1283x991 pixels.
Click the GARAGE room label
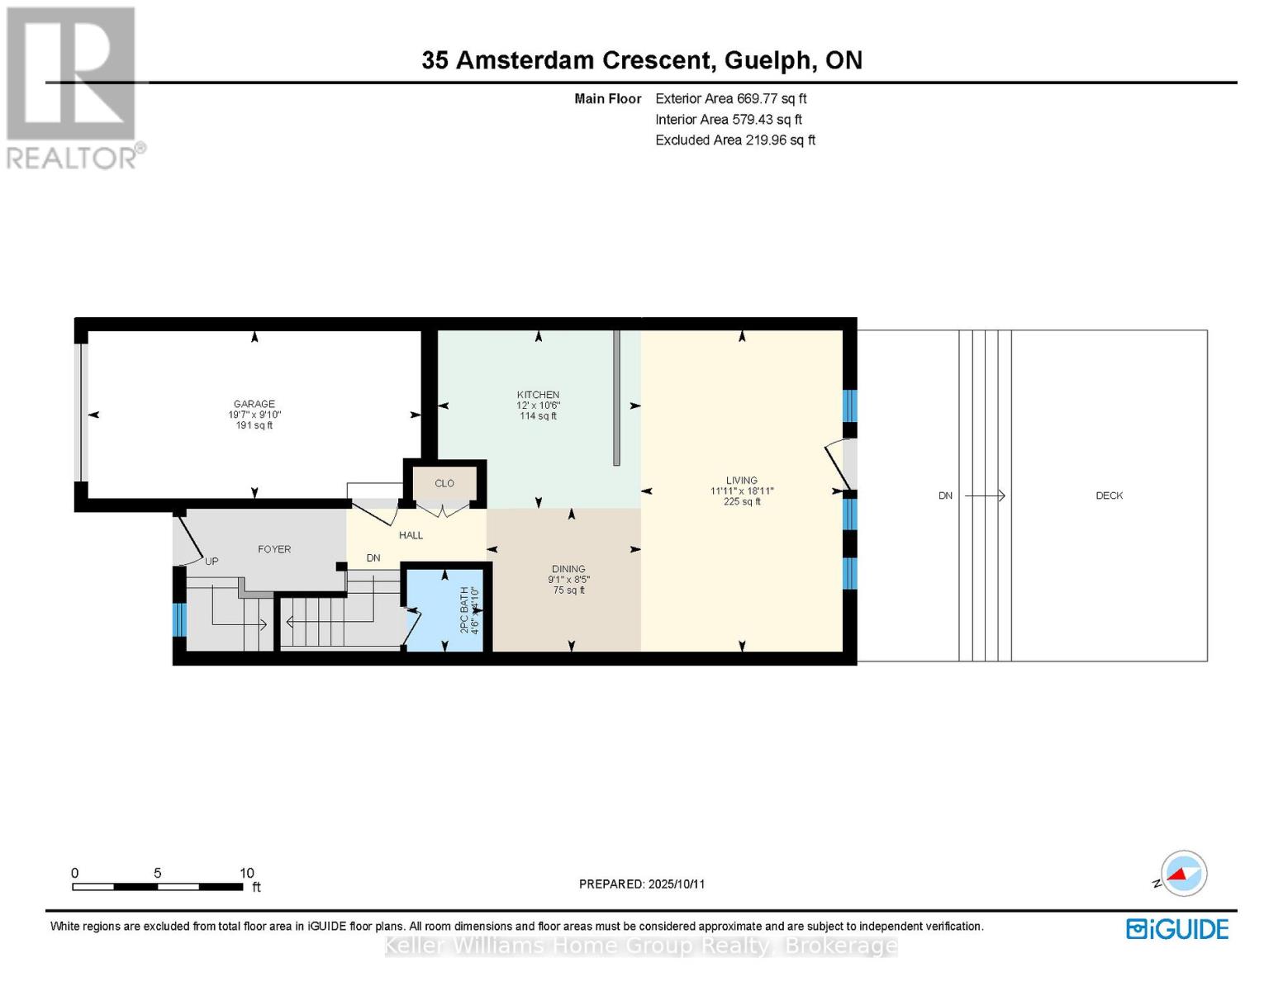click(x=254, y=405)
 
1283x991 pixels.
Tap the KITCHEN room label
click(x=538, y=395)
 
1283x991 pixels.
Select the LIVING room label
click(x=741, y=481)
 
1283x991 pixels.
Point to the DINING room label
click(x=568, y=569)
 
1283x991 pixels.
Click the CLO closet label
click(x=444, y=483)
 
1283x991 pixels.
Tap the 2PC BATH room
click(x=447, y=611)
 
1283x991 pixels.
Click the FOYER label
click(x=274, y=549)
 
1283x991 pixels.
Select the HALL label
click(x=411, y=535)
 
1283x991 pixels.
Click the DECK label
click(x=1109, y=495)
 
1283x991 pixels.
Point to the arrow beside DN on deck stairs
click(x=985, y=495)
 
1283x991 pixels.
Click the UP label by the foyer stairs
click(x=211, y=562)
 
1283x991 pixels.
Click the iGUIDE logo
click(x=1177, y=929)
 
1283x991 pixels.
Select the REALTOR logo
click(x=73, y=87)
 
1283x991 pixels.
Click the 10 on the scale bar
click(x=246, y=873)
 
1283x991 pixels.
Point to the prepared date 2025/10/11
click(x=677, y=884)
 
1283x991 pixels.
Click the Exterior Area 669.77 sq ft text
click(x=730, y=98)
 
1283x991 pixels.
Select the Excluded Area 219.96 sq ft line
click(x=734, y=140)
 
